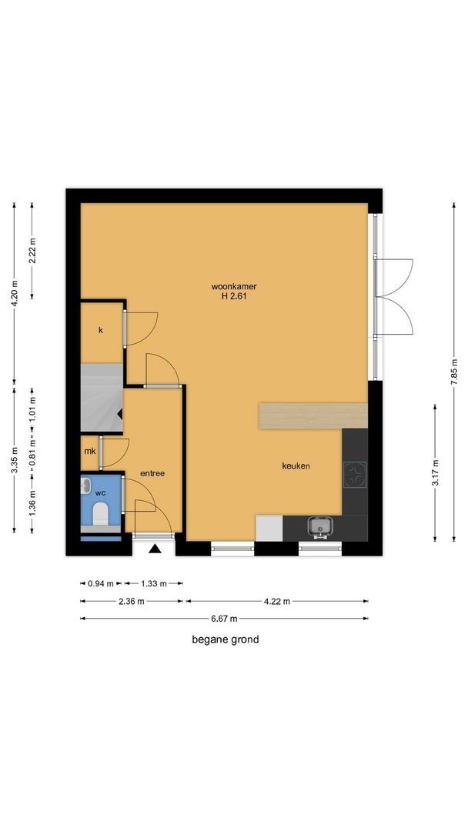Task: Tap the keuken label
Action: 296,466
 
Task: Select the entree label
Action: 152,473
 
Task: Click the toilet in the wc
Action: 100,513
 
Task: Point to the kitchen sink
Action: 319,527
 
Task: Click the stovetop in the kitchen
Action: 355,474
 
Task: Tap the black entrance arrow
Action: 154,549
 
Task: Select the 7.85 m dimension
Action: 454,372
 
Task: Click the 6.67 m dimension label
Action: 224,618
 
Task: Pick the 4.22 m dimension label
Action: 276,601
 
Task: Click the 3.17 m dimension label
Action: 435,472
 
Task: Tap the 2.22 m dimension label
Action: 32,250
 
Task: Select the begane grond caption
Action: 226,639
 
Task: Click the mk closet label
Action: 90,452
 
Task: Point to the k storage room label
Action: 100,330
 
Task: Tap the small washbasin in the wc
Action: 85,486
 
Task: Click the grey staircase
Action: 102,398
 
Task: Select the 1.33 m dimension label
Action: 154,583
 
